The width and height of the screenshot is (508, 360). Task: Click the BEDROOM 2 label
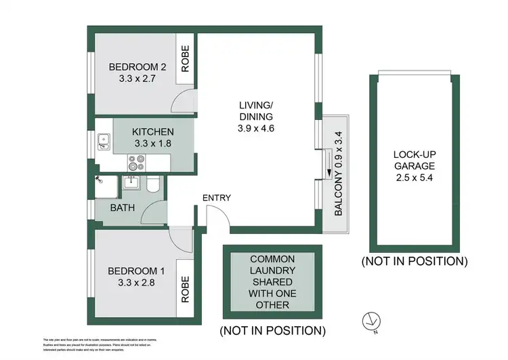point(137,66)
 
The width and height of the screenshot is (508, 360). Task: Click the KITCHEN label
point(153,132)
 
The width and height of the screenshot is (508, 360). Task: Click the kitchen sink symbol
point(104,142)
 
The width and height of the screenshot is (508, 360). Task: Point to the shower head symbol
point(100,180)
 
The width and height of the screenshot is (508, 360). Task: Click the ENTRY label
point(216,198)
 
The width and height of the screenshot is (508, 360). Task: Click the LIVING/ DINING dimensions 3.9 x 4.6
point(256,127)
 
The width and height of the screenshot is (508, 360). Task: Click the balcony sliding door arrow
point(328,163)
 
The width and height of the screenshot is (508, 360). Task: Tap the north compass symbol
point(370,318)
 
